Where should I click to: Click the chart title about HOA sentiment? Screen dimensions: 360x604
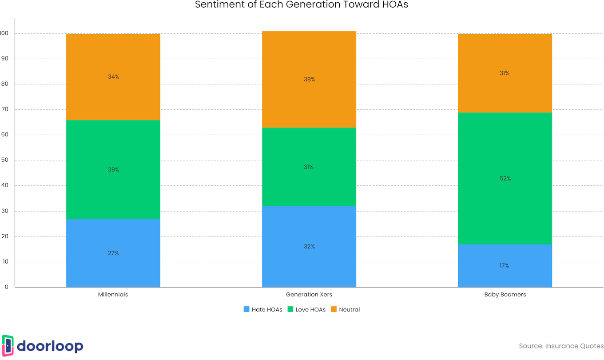302,5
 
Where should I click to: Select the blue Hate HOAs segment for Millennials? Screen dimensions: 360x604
113,267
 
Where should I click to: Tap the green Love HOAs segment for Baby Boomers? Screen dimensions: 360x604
505,200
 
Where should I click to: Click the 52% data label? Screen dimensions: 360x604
505,179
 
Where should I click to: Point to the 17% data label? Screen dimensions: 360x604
504,266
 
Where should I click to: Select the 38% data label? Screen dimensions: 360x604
309,80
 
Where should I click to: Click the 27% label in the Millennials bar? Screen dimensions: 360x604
113,253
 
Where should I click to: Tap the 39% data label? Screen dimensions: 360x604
113,170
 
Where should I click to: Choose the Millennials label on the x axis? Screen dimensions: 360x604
113,295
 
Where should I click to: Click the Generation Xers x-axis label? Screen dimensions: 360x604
309,295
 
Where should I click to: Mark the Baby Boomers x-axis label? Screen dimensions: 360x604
505,295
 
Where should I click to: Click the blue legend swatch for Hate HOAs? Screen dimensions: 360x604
246,309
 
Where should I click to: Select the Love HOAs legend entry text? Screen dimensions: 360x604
310,310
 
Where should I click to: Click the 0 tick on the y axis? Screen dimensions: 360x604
7,287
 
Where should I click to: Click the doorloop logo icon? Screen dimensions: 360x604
8,346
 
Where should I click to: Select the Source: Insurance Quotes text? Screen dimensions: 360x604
561,346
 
